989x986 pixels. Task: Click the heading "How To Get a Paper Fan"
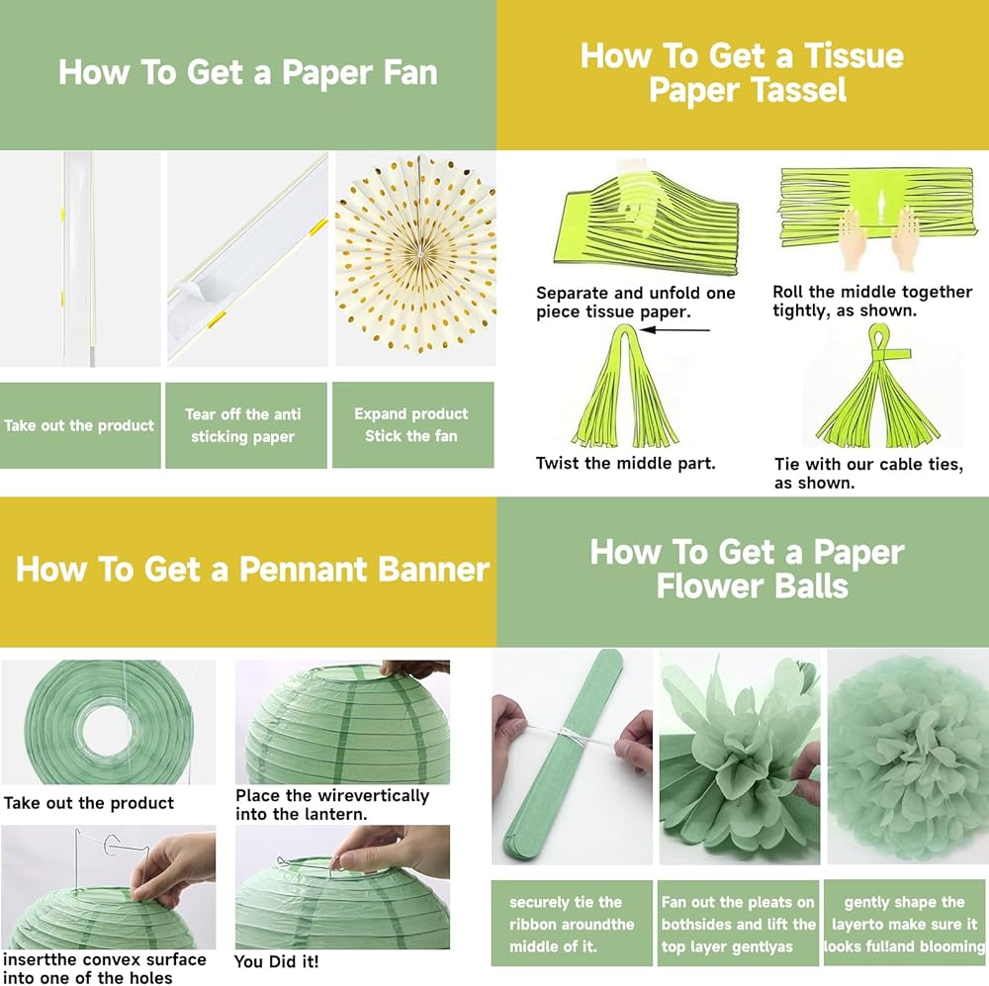[248, 72]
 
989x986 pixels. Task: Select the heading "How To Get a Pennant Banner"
[252, 569]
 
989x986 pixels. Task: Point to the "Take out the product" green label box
[80, 425]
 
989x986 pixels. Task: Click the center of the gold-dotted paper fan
[418, 254]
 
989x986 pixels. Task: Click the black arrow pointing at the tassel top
[674, 330]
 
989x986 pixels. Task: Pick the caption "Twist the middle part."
[626, 463]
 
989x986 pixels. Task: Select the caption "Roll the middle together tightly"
[872, 301]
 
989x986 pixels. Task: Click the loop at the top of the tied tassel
[878, 338]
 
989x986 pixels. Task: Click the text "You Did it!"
[276, 961]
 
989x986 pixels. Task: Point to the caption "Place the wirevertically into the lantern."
[332, 804]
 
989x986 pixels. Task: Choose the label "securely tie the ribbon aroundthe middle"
[572, 924]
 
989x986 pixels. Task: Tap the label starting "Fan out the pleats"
[738, 924]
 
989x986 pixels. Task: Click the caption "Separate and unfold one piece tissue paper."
[636, 303]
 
